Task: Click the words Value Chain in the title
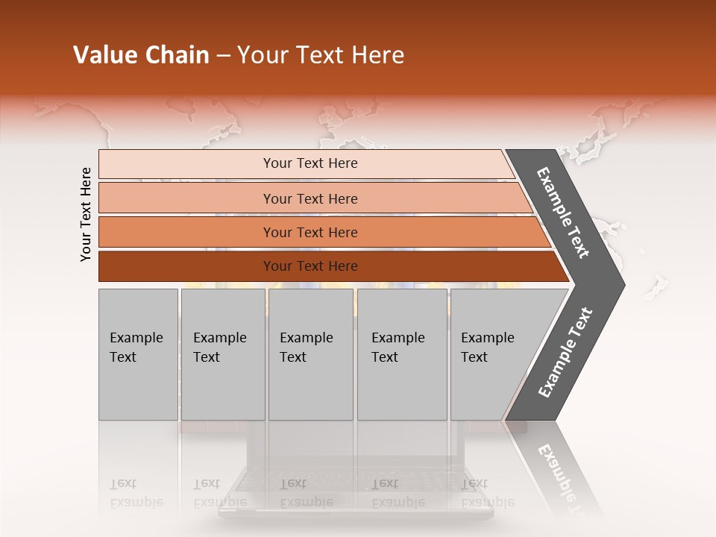pyautogui.click(x=141, y=55)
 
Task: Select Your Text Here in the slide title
pyautogui.click(x=321, y=55)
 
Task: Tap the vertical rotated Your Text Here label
pyautogui.click(x=86, y=214)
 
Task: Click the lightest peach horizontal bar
pyautogui.click(x=186, y=164)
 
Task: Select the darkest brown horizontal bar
pyautogui.click(x=186, y=266)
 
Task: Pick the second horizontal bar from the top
pyautogui.click(x=186, y=198)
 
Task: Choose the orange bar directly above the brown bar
pyautogui.click(x=186, y=232)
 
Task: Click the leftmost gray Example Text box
pyautogui.click(x=138, y=354)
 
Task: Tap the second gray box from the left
pyautogui.click(x=222, y=354)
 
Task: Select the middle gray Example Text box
pyautogui.click(x=310, y=354)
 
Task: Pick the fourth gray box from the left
pyautogui.click(x=401, y=354)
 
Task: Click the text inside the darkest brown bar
pyautogui.click(x=310, y=266)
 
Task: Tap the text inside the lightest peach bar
pyautogui.click(x=310, y=163)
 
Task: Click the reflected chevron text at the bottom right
pyautogui.click(x=559, y=477)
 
